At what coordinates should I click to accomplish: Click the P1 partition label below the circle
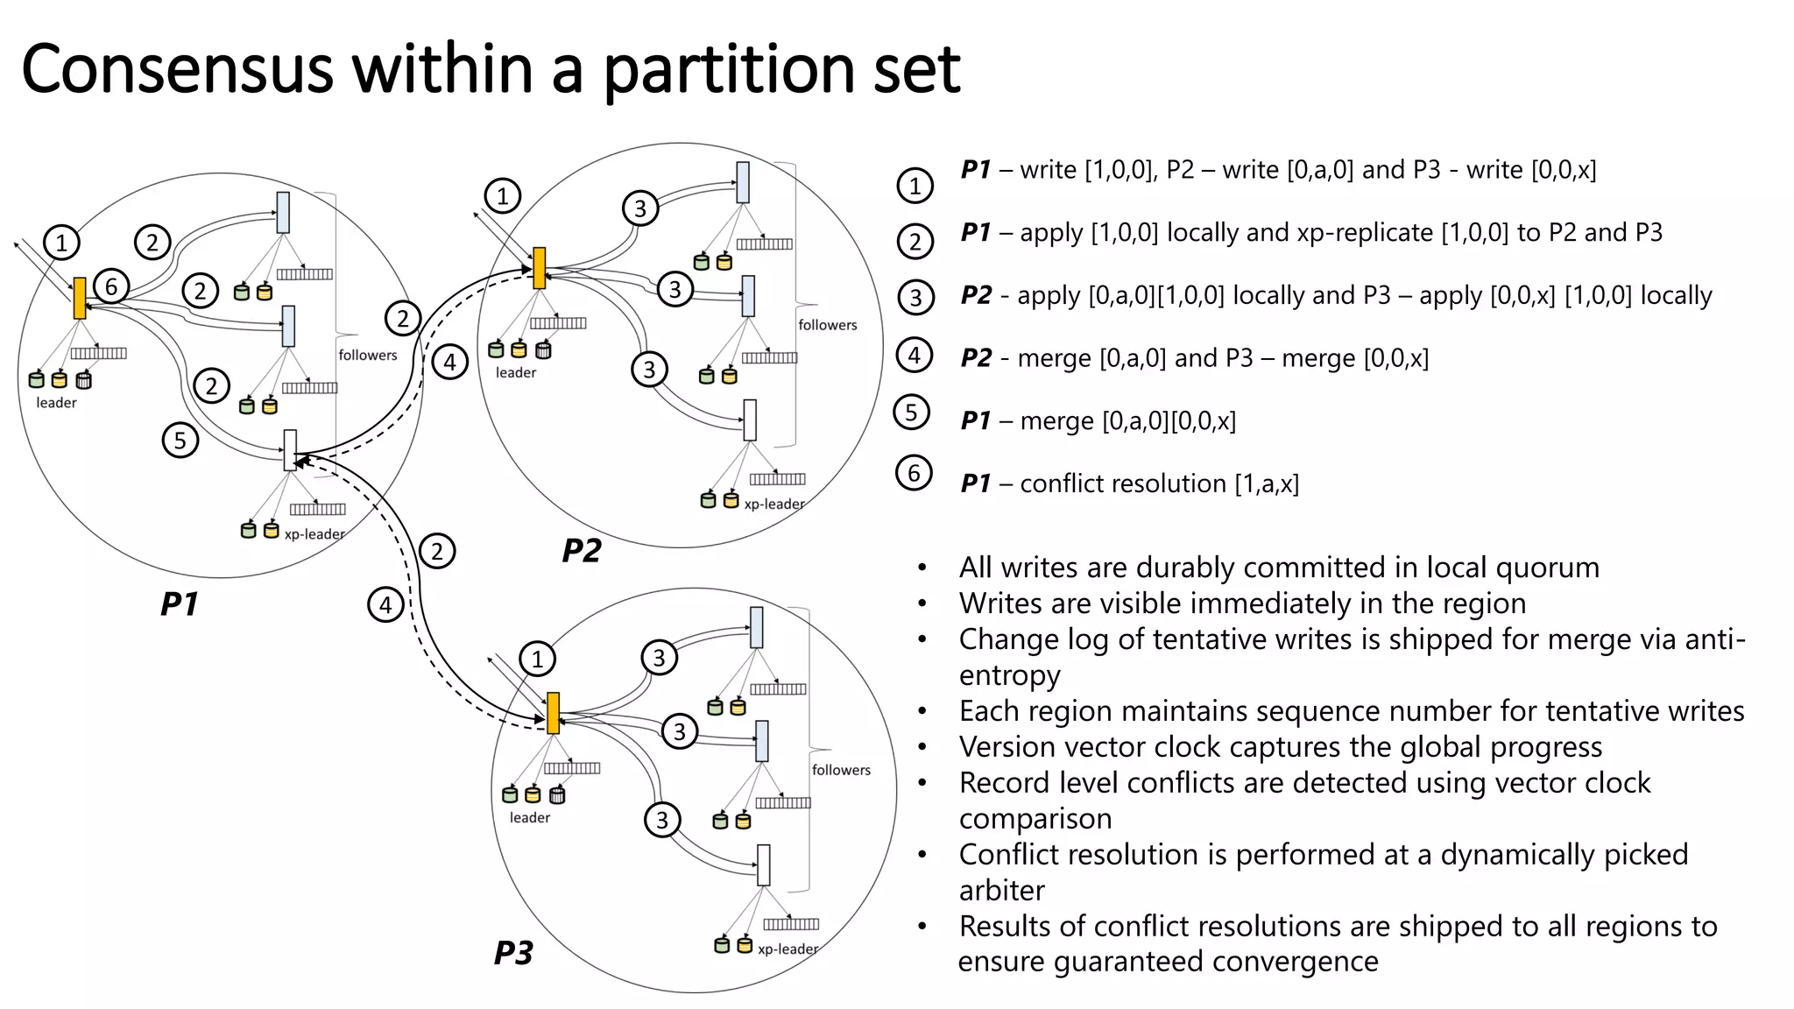180,603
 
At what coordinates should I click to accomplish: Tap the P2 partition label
582,551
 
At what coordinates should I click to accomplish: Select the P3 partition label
513,953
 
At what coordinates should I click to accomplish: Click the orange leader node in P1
80,298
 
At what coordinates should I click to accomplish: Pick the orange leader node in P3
553,713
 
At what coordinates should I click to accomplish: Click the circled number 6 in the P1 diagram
111,286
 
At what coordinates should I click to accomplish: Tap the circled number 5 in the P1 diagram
180,440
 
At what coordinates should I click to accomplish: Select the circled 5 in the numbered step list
911,413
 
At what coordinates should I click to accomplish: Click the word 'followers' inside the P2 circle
827,325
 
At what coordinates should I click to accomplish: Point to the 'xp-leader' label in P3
788,949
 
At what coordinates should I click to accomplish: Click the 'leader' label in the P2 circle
515,372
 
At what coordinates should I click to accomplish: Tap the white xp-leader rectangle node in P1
290,450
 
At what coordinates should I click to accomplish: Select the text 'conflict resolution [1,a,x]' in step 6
1159,483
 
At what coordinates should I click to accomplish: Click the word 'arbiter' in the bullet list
1001,890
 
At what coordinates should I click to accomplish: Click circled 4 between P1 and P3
385,604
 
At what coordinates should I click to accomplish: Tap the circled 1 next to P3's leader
537,659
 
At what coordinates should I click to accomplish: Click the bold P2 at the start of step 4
976,358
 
